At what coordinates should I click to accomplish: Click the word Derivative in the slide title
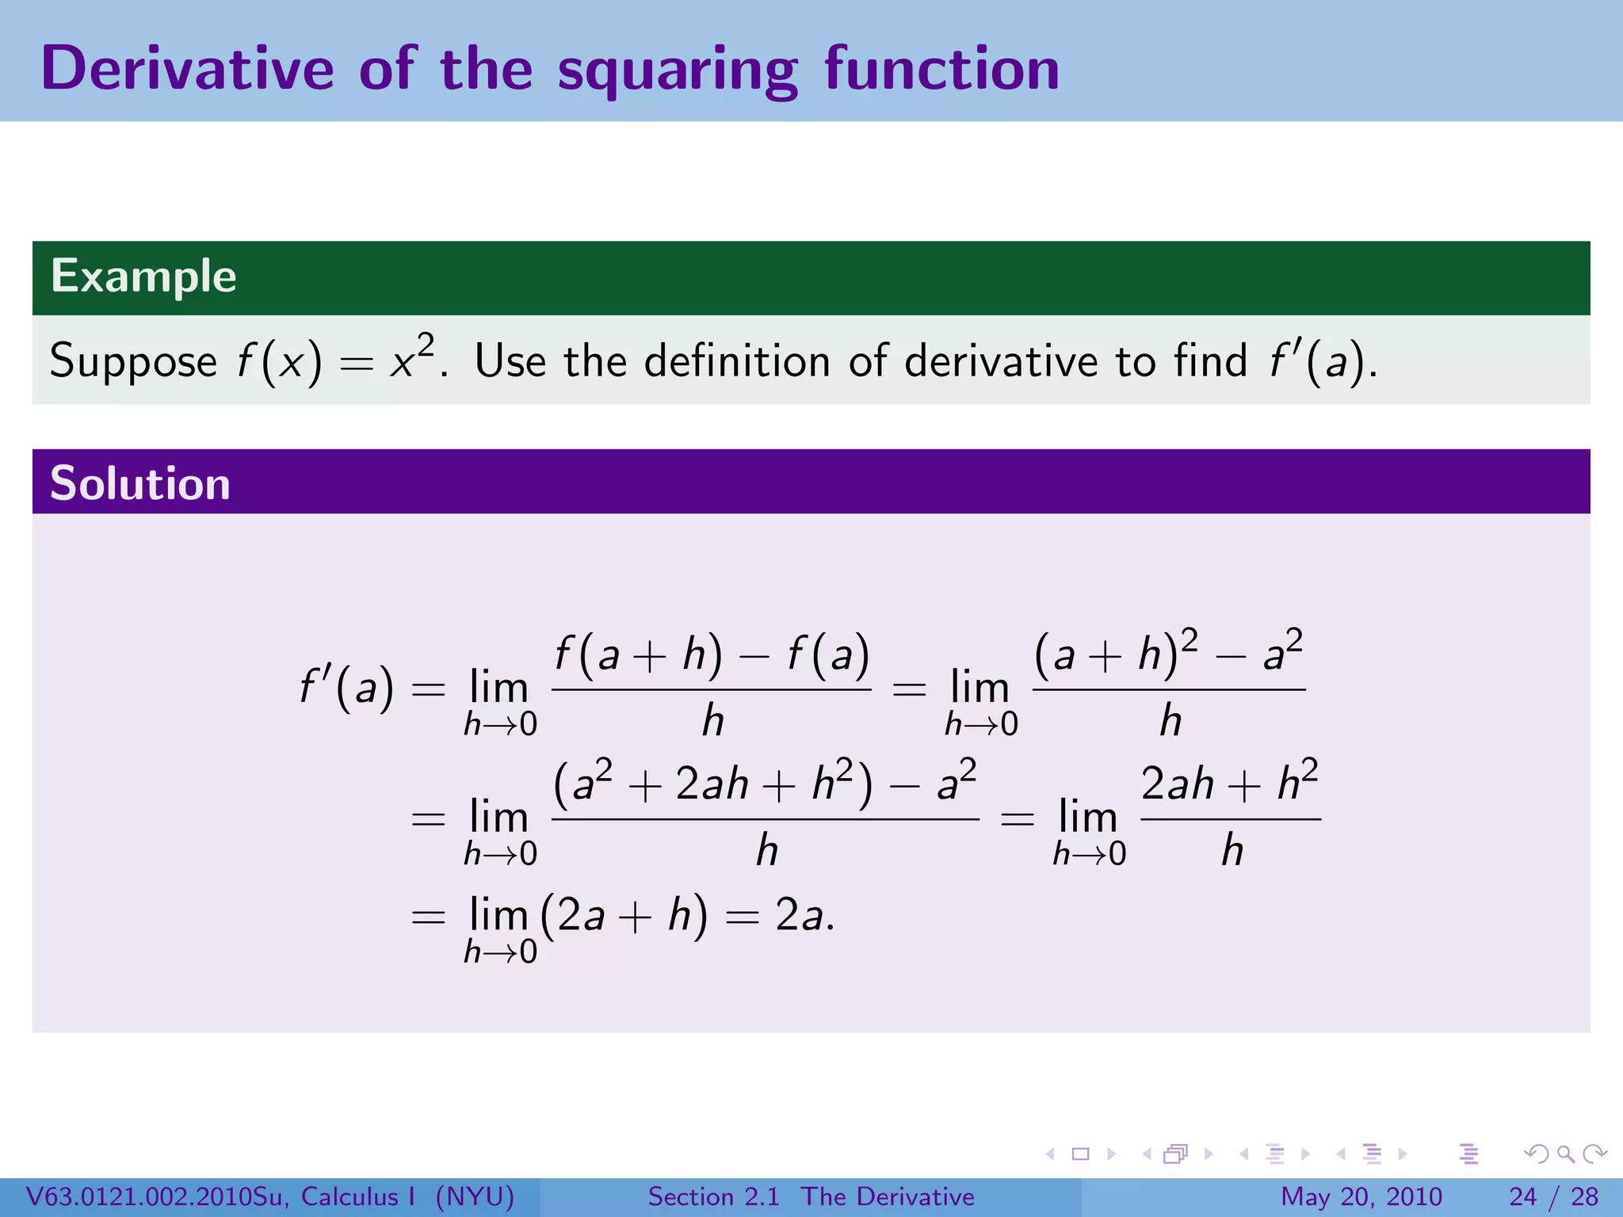pyautogui.click(x=188, y=69)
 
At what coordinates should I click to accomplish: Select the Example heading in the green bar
pyautogui.click(x=143, y=277)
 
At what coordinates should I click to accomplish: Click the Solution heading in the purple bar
pyautogui.click(x=140, y=483)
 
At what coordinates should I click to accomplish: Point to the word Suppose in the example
pyautogui.click(x=133, y=362)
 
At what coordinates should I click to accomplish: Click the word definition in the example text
pyautogui.click(x=737, y=361)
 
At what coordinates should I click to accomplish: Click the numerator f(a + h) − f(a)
pyautogui.click(x=712, y=656)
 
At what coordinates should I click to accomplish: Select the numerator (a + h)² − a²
pyautogui.click(x=1168, y=653)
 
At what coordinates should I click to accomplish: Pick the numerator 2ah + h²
pyautogui.click(x=1230, y=783)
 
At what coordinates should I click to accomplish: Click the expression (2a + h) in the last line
pyautogui.click(x=624, y=916)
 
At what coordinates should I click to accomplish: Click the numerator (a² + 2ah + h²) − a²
pyautogui.click(x=765, y=783)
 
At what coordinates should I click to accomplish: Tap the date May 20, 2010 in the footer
pyautogui.click(x=1361, y=1196)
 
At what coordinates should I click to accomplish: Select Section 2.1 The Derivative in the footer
pyautogui.click(x=811, y=1196)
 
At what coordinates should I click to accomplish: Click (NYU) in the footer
pyautogui.click(x=475, y=1196)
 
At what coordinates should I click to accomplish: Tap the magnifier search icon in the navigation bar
pyautogui.click(x=1565, y=1154)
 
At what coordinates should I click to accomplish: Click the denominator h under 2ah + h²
pyautogui.click(x=1232, y=851)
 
